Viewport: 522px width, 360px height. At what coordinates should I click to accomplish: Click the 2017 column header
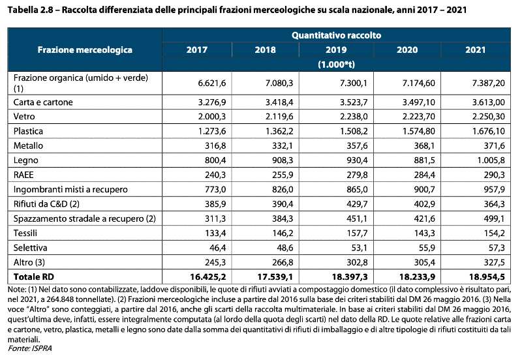197,50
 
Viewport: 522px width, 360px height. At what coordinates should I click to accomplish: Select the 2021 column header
476,50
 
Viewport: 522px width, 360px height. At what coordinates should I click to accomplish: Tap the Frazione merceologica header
85,50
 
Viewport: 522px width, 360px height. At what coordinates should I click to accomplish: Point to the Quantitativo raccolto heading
336,35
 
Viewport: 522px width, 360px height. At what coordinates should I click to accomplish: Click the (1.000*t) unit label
336,64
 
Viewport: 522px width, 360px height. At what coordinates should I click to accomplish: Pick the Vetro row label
24,117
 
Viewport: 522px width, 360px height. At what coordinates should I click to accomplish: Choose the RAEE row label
23,175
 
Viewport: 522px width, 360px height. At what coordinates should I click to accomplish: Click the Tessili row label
25,233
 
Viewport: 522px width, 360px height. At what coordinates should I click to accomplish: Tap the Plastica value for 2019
354,131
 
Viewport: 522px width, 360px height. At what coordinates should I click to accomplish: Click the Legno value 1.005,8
491,160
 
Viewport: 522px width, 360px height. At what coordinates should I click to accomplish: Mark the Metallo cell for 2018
283,145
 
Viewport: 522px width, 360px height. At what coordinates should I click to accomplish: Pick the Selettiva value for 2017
218,248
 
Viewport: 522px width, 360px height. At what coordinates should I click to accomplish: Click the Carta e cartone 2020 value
418,102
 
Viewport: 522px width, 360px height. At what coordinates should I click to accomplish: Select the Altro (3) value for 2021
494,262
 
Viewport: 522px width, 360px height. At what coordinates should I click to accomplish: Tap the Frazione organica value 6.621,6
211,83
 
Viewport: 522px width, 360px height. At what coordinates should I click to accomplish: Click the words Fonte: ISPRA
29,348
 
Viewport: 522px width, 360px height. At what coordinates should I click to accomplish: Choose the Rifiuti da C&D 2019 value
357,204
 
